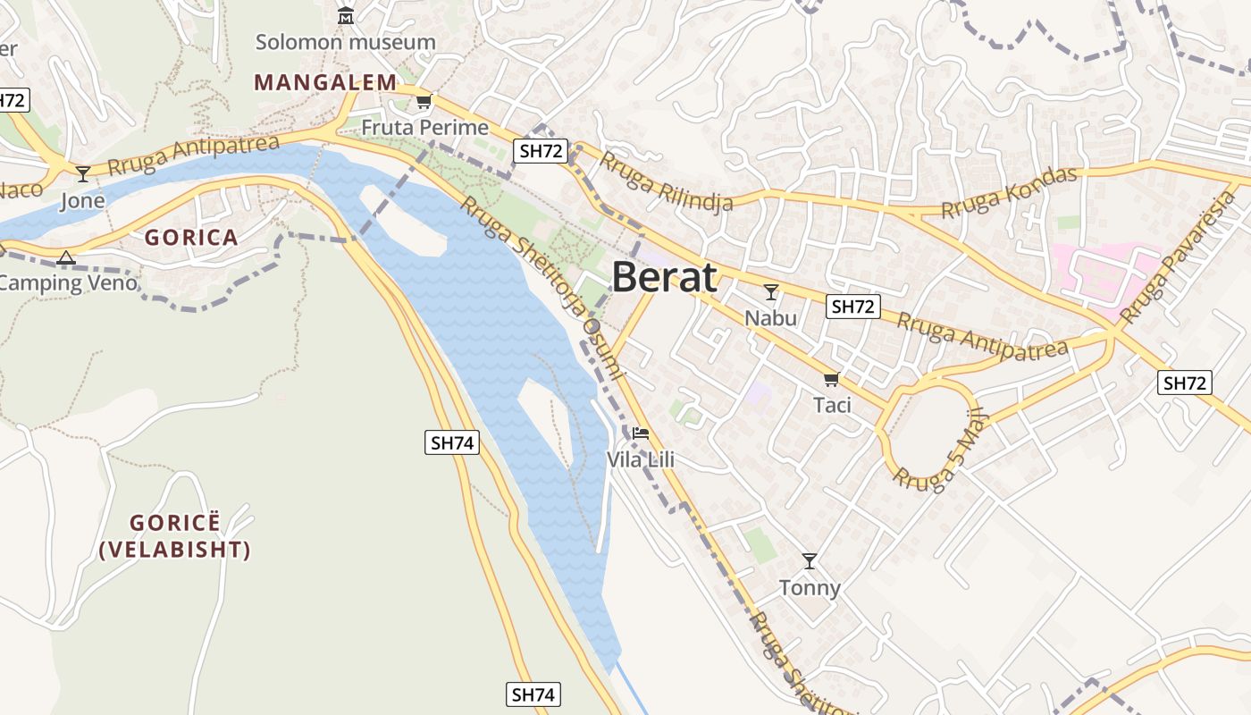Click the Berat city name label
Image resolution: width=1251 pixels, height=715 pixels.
[x=664, y=278]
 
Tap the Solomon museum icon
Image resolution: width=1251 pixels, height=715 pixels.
[x=346, y=15]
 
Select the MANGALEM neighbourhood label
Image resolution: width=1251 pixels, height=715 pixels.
[x=325, y=82]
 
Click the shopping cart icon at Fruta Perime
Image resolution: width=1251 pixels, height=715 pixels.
[x=424, y=101]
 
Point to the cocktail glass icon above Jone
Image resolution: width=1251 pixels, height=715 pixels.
[x=83, y=173]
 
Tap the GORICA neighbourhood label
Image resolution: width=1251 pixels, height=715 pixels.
[x=191, y=238]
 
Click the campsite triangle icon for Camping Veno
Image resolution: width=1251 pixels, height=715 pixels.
[x=65, y=258]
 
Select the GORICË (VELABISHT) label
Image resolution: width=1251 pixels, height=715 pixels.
[x=175, y=536]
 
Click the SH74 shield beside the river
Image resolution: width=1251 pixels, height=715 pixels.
[x=453, y=442]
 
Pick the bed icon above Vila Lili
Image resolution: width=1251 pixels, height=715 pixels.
[x=640, y=434]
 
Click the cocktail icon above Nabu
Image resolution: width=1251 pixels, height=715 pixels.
[x=771, y=292]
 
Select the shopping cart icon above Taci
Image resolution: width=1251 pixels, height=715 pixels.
[x=832, y=379]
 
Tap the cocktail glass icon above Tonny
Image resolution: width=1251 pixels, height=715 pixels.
[x=810, y=561]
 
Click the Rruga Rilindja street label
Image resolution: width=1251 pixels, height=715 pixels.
[x=666, y=182]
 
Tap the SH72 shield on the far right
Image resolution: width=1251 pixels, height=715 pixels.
[x=1186, y=383]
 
